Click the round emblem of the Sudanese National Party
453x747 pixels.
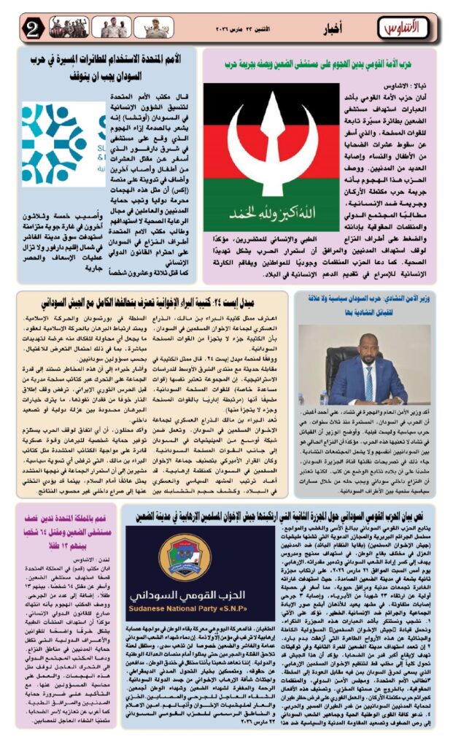185,557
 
